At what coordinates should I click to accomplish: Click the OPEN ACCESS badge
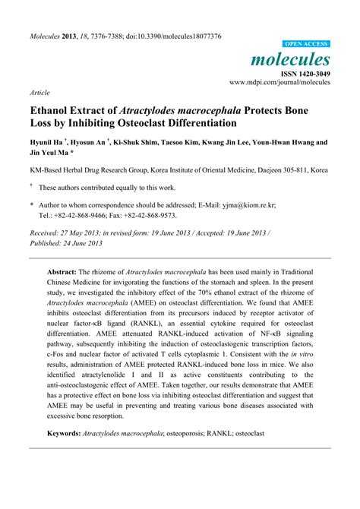pos(305,45)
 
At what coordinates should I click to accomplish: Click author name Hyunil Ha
pos(46,142)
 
